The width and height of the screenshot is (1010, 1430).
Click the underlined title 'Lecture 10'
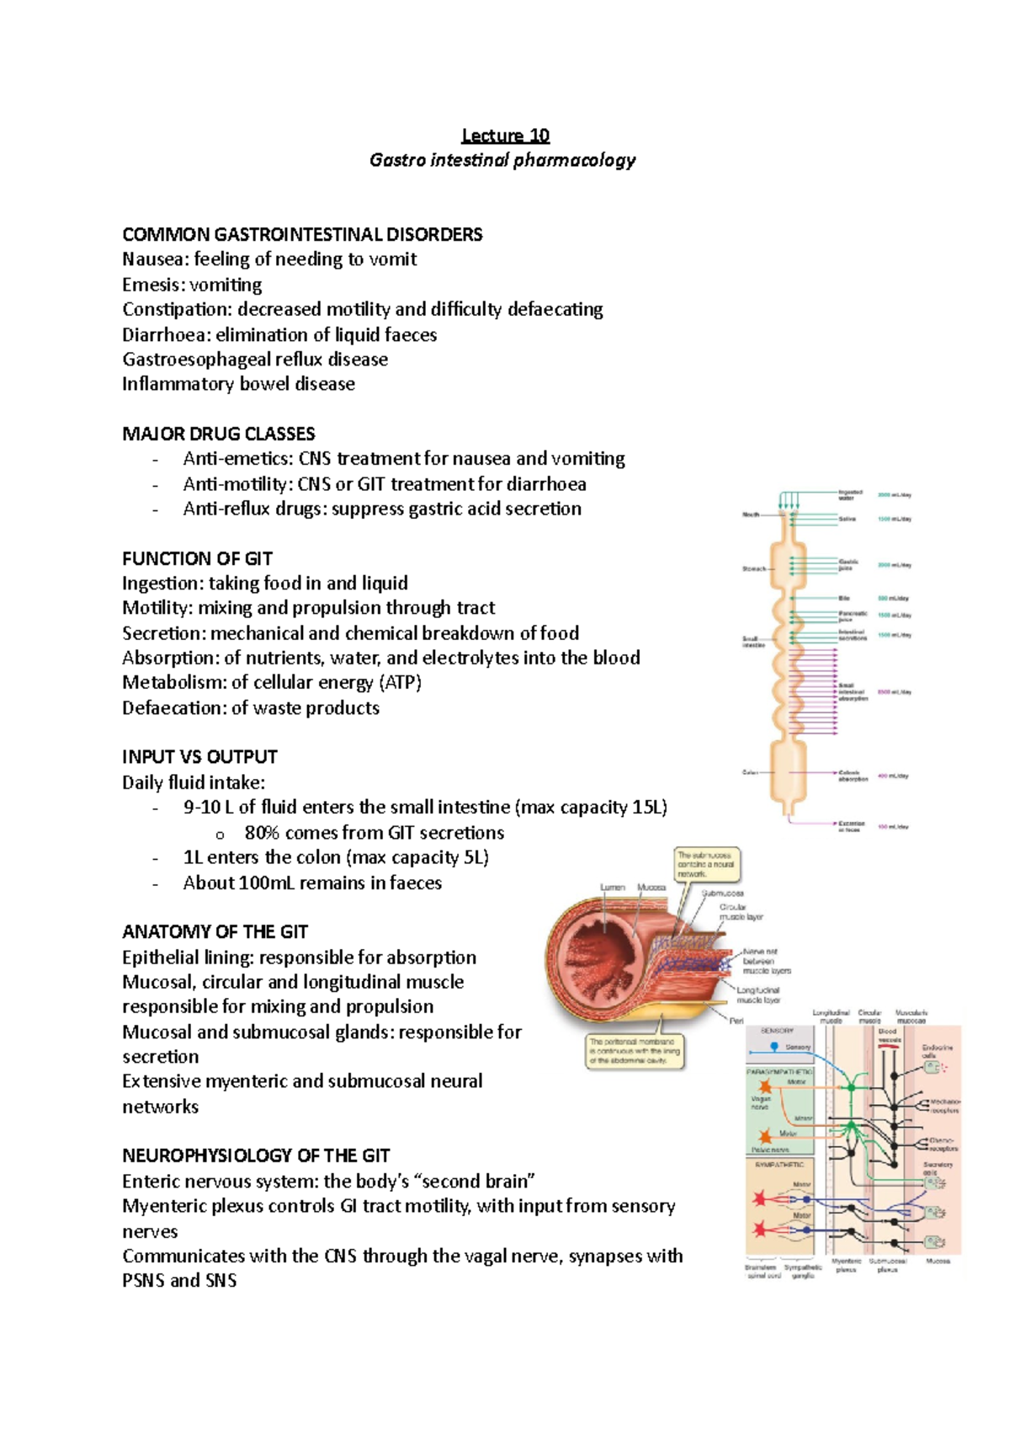(505, 136)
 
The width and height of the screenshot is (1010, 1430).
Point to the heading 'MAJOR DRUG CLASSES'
(218, 434)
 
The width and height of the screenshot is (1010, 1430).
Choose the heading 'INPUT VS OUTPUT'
(199, 756)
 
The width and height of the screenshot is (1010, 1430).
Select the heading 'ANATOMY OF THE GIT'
(215, 931)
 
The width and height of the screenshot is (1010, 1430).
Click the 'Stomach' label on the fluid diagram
(753, 568)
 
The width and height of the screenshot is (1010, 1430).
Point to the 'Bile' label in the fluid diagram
(844, 598)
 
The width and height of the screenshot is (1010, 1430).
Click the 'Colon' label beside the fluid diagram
(750, 772)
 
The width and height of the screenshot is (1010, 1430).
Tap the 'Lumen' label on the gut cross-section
(612, 887)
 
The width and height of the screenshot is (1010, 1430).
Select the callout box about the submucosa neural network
(707, 865)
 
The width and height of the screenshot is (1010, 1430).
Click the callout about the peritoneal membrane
(634, 1052)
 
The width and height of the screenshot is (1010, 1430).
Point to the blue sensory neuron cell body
(774, 1047)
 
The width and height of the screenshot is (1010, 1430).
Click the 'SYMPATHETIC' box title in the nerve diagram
(779, 1165)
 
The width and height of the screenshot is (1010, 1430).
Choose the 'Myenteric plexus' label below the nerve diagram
(846, 1265)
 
